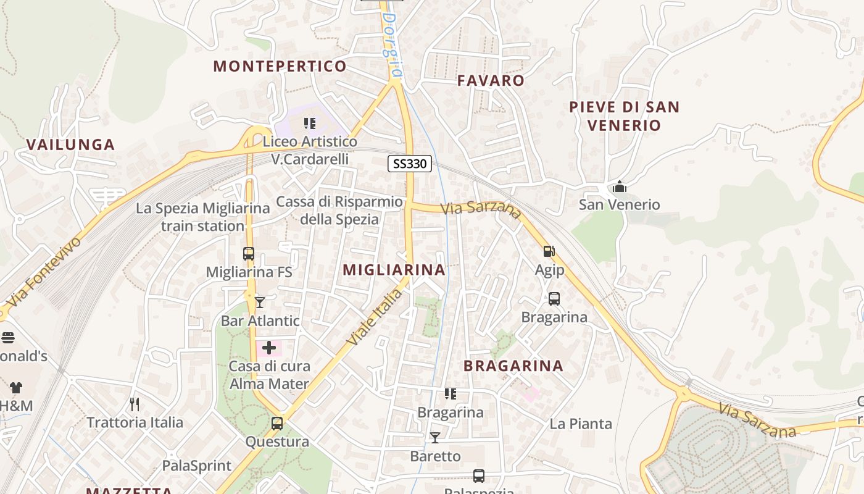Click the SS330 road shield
click(410, 164)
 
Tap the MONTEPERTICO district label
click(280, 66)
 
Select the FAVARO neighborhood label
click(491, 80)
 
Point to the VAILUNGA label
click(70, 144)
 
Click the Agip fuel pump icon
click(549, 251)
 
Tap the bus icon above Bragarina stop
click(554, 299)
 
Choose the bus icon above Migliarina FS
click(249, 254)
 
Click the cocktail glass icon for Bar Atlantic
click(260, 302)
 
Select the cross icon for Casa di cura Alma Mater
click(269, 348)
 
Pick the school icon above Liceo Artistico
click(310, 124)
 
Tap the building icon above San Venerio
click(619, 186)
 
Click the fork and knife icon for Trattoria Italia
click(135, 404)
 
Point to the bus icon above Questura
click(277, 424)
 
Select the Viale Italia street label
click(374, 317)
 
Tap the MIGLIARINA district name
click(394, 269)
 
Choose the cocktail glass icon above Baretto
click(435, 438)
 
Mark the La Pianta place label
click(581, 424)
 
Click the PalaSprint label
click(196, 466)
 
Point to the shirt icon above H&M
click(15, 388)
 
